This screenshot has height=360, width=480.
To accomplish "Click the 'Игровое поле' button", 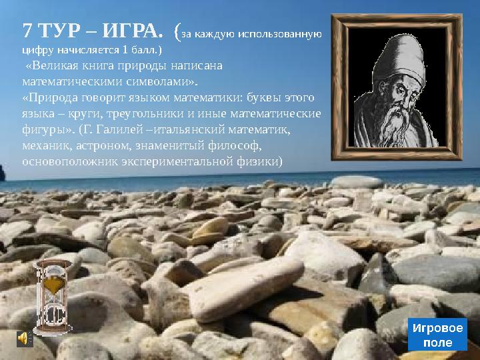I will coord(437,335).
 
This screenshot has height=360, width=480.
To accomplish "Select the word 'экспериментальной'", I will coord(168,162).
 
